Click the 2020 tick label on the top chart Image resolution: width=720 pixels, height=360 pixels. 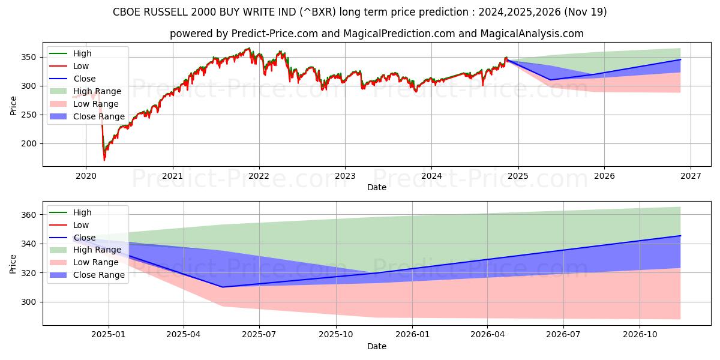coord(86,176)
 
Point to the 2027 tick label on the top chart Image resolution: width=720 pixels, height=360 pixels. coord(690,176)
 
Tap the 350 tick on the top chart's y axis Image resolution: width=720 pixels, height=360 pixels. coord(30,58)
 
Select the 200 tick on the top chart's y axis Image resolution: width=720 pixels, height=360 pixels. coord(30,144)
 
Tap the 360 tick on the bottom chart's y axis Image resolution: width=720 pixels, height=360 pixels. coord(30,215)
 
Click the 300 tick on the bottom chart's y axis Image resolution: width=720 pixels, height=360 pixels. coord(30,302)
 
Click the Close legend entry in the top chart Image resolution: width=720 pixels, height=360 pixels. coord(85,79)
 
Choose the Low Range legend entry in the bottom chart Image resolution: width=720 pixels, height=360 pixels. coord(97,262)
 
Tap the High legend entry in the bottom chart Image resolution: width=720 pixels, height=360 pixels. coord(82,212)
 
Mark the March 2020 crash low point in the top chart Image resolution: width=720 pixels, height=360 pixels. coord(104,160)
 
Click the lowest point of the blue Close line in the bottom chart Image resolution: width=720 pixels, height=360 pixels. coord(222,287)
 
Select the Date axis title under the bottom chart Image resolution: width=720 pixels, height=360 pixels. coord(377,346)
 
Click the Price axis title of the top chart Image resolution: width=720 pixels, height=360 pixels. coord(13,106)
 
